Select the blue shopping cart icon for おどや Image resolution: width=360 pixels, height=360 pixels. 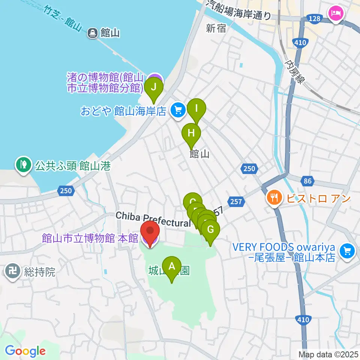178,110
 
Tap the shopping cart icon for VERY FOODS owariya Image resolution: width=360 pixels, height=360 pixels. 347,251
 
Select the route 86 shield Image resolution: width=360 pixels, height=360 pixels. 307,181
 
